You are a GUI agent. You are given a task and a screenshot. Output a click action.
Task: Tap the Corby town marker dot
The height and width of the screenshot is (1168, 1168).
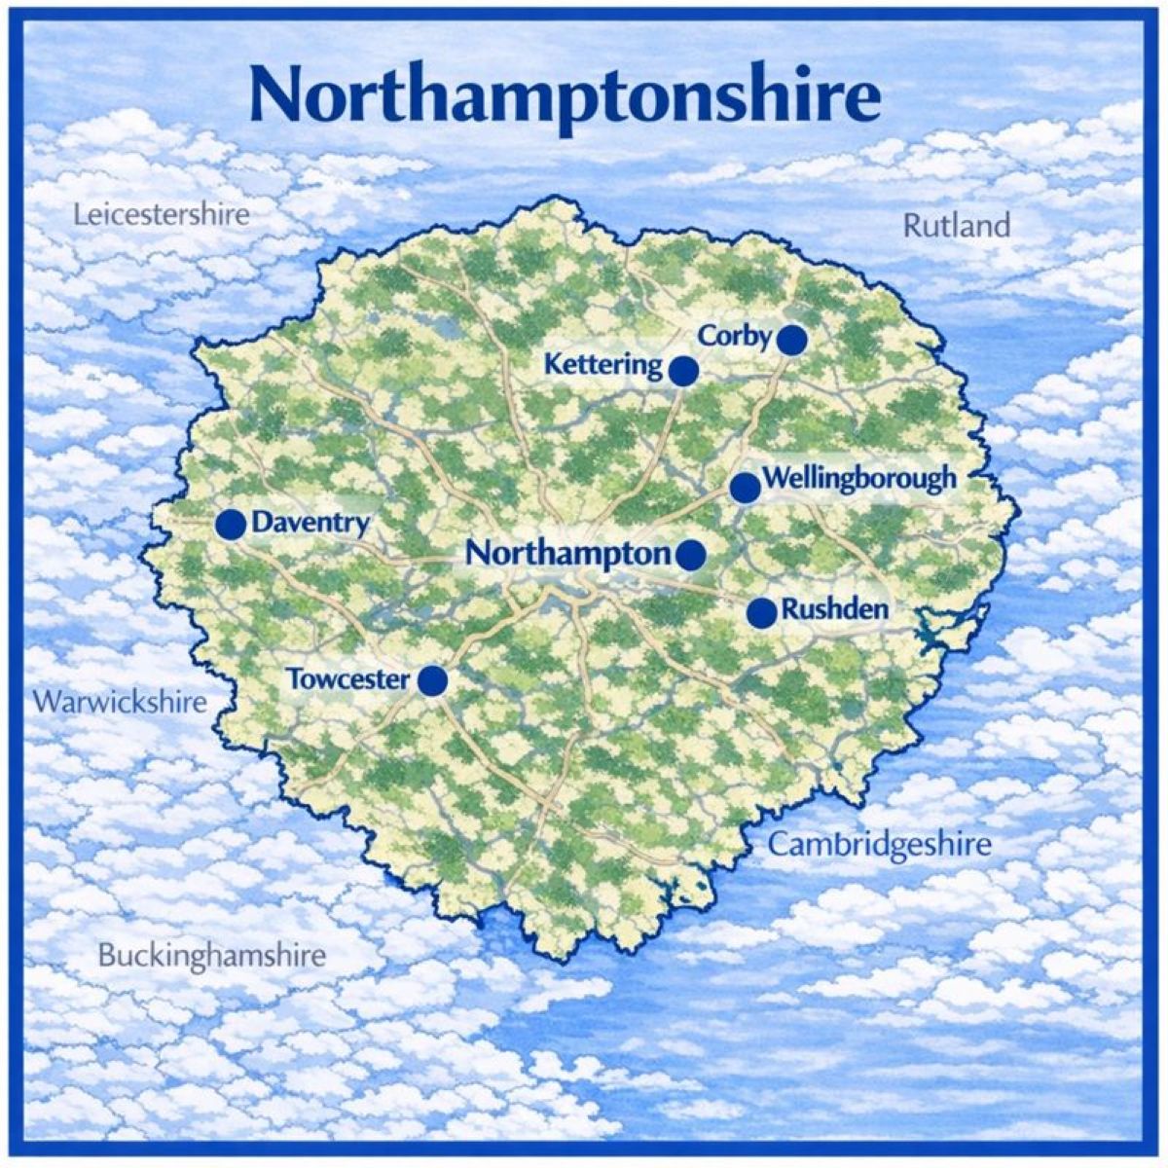tap(792, 340)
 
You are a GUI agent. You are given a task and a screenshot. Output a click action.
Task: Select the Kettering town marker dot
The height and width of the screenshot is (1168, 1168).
tap(683, 370)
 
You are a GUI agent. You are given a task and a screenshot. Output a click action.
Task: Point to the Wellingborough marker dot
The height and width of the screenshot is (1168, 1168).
tap(745, 488)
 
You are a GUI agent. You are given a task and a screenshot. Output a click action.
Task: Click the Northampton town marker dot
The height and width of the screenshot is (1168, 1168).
tap(691, 555)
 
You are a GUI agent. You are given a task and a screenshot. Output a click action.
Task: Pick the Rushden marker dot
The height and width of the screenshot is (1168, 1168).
tap(762, 612)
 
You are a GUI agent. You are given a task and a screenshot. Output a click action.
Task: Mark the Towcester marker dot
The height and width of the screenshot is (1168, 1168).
tap(432, 681)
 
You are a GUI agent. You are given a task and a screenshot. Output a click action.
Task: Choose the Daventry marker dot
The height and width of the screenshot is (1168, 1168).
tap(231, 524)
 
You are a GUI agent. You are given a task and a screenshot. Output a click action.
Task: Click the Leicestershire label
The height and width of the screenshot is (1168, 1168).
tap(162, 214)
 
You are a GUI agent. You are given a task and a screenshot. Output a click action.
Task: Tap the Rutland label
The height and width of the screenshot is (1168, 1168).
tap(957, 226)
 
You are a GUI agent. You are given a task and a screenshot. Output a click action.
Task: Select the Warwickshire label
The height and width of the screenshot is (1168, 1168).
tap(120, 702)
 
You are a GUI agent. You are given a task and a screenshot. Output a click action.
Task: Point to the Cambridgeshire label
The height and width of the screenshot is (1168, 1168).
tap(879, 844)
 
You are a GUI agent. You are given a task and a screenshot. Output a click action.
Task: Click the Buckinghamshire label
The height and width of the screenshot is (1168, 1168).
tap(212, 955)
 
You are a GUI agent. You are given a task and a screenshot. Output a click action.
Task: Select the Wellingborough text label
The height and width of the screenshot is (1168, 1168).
tap(859, 479)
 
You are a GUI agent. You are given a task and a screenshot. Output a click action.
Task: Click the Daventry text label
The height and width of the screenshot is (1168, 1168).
tap(310, 524)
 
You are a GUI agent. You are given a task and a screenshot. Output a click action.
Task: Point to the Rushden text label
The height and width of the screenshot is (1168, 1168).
tap(835, 610)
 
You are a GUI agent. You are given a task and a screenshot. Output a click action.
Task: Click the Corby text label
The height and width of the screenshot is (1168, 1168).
tap(735, 336)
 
